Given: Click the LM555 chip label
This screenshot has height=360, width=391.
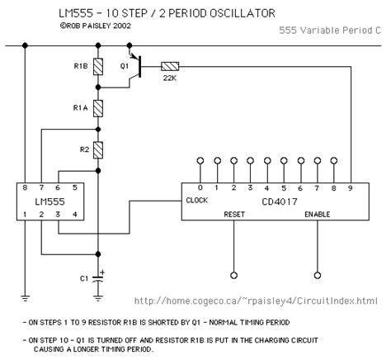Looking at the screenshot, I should coord(50,199).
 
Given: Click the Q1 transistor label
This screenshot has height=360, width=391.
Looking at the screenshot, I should coord(126,60).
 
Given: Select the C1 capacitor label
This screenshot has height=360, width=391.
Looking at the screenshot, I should coord(83,278).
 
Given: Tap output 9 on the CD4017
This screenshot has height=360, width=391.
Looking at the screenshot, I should coord(350,187).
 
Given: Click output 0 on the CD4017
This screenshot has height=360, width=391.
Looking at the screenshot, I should coord(200,187).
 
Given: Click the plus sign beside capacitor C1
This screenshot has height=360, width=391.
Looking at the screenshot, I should coord(103,271).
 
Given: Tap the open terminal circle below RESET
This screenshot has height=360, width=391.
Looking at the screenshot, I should coord(233,274).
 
